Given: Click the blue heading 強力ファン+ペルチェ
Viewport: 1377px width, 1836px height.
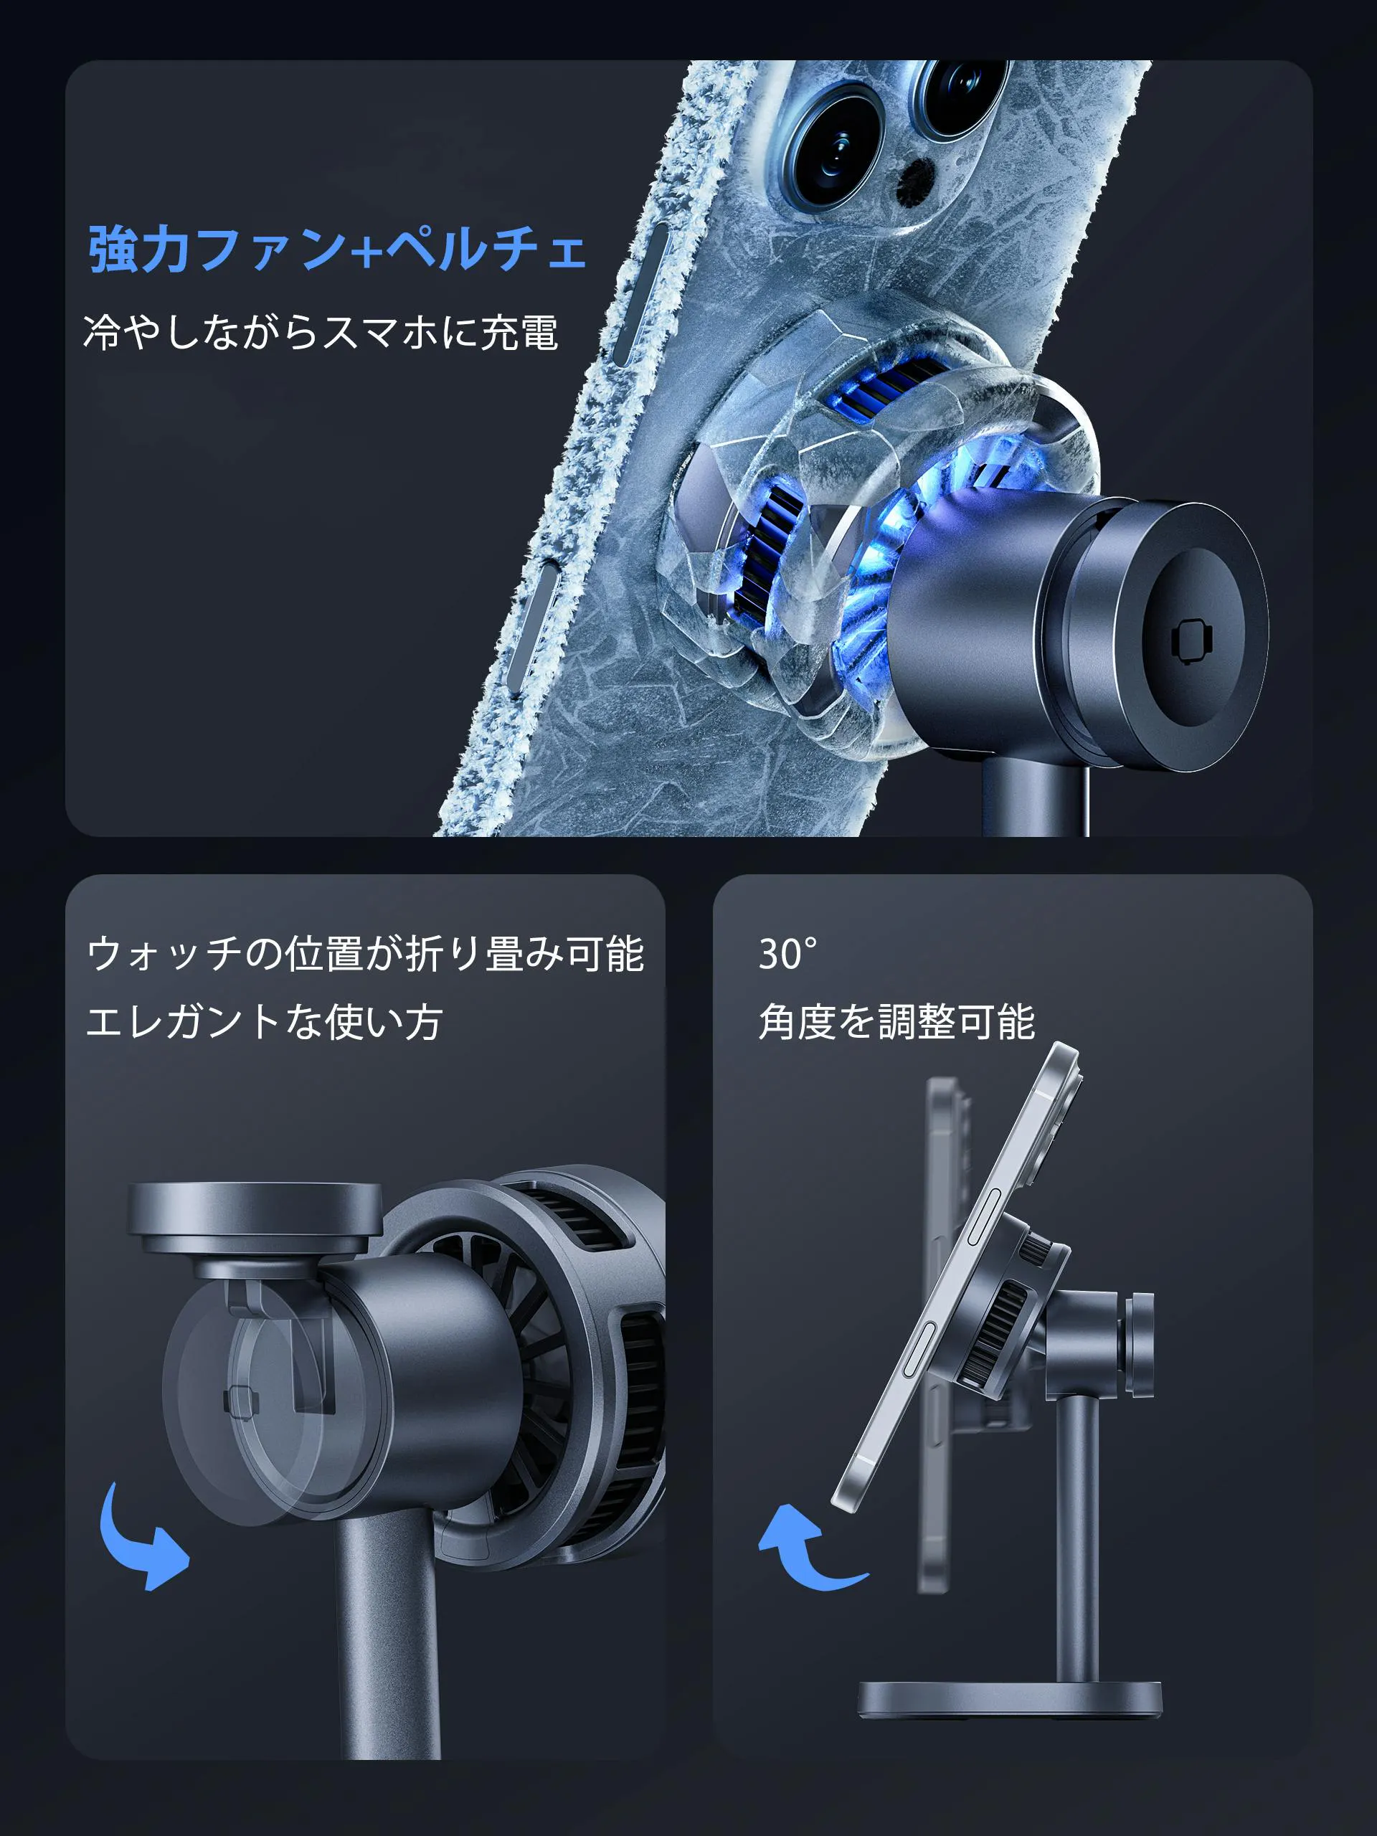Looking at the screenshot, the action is tap(337, 248).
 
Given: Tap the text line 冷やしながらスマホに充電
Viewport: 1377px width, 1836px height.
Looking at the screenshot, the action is tap(321, 332).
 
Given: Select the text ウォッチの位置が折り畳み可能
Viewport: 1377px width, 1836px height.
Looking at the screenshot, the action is tap(365, 954).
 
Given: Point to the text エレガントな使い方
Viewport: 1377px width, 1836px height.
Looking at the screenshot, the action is tap(264, 1022).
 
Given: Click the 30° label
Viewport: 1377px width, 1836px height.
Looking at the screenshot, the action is tap(787, 955).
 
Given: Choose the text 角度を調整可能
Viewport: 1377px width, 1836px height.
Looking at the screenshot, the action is tap(896, 1022).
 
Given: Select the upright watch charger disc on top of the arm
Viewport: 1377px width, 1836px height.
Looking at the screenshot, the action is tap(255, 1218).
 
